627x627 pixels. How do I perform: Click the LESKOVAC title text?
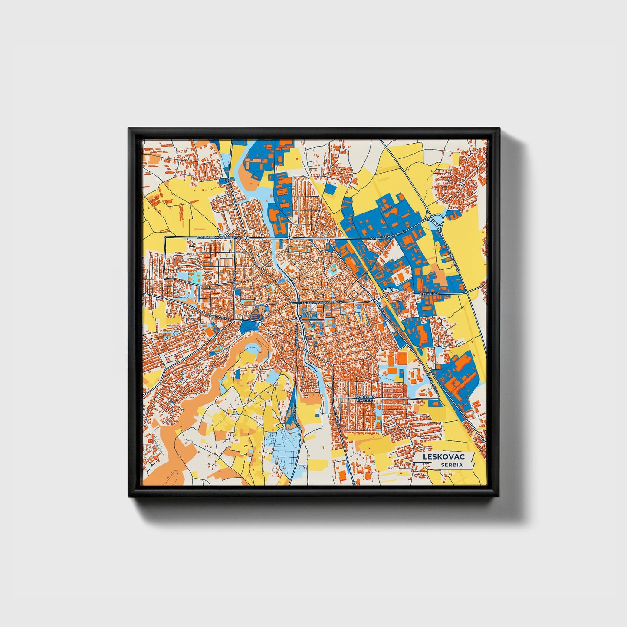(x=440, y=457)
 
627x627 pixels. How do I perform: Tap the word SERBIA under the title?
(x=451, y=465)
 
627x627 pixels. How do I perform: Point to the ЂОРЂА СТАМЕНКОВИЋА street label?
(x=386, y=238)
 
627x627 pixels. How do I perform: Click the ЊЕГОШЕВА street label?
(x=430, y=294)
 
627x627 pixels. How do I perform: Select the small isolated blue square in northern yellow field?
(x=331, y=189)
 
